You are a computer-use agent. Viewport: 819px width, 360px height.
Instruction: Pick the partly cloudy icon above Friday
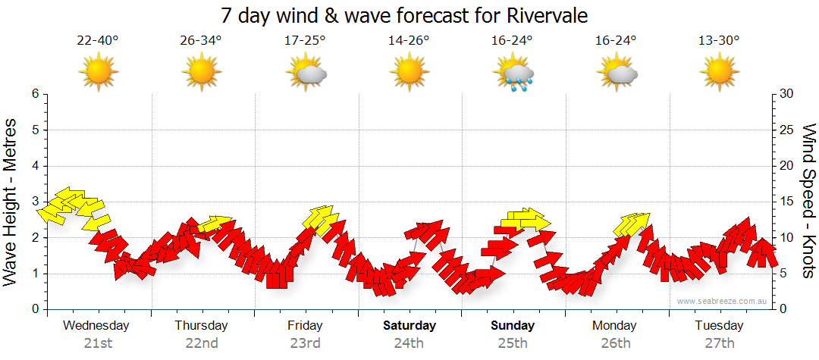click(x=306, y=74)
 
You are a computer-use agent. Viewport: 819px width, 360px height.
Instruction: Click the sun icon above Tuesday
click(x=719, y=74)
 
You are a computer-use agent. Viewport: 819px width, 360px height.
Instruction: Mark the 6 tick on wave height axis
click(x=34, y=94)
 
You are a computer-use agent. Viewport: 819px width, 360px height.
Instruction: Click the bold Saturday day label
click(x=409, y=326)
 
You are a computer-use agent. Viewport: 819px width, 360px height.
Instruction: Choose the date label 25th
click(x=513, y=343)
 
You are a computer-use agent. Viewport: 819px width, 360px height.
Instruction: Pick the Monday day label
click(x=616, y=326)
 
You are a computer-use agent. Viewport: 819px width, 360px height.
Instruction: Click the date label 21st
click(x=97, y=343)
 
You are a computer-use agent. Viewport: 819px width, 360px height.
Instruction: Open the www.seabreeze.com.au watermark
click(x=723, y=301)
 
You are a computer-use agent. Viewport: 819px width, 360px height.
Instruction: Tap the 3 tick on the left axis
click(x=34, y=202)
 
